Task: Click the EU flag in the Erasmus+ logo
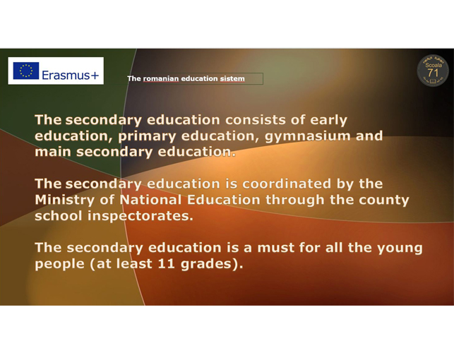[x=25, y=71]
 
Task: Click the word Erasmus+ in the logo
[x=71, y=76]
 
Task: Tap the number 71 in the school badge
[x=433, y=73]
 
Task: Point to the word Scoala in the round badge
[x=434, y=65]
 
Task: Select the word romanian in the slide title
[x=161, y=79]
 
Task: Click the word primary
[x=147, y=137]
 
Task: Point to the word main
[x=53, y=152]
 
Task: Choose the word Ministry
[x=64, y=200]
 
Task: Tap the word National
[x=150, y=200]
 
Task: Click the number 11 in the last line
[x=166, y=263]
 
